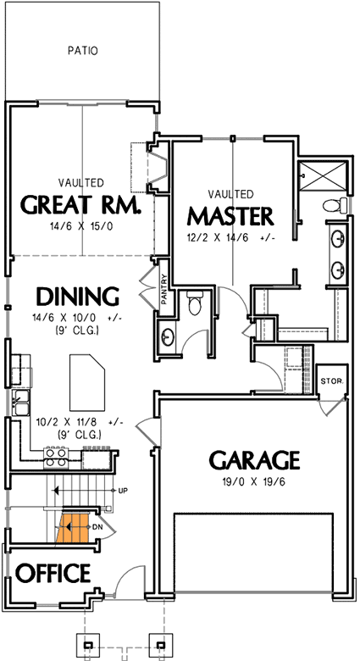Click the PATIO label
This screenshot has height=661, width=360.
click(82, 51)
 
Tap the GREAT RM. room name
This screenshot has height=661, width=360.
click(80, 206)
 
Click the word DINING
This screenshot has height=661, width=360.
click(77, 297)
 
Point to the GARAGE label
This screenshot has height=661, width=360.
click(254, 460)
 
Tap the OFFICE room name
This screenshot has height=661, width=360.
click(53, 574)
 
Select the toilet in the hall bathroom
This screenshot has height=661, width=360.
click(194, 303)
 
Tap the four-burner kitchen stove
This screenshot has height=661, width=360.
click(56, 458)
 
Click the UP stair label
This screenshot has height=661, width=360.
click(123, 491)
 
